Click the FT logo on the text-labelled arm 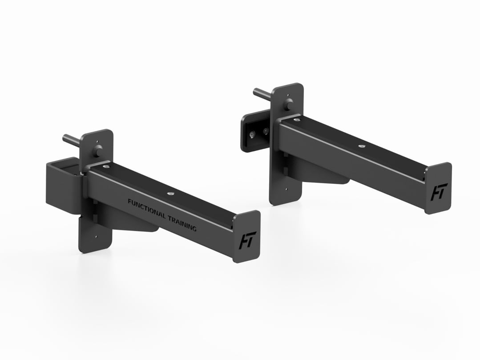[246, 241]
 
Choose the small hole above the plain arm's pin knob [288, 94]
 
